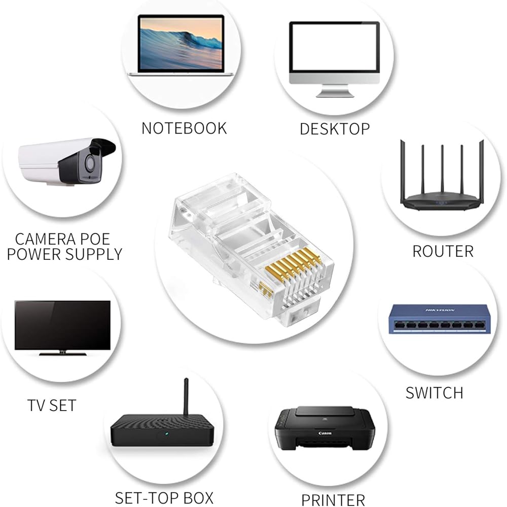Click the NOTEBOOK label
tap(184, 128)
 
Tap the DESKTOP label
tap(335, 129)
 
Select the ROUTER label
tap(443, 251)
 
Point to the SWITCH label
tap(434, 393)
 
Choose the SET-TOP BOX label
tap(164, 498)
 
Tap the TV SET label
tap(52, 405)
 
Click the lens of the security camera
tap(91, 163)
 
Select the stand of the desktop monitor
tap(335, 91)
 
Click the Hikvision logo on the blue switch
tap(440, 310)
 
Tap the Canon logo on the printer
tap(325, 433)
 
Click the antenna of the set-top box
tap(186, 397)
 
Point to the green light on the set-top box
tap(166, 433)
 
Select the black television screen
tap(63, 325)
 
